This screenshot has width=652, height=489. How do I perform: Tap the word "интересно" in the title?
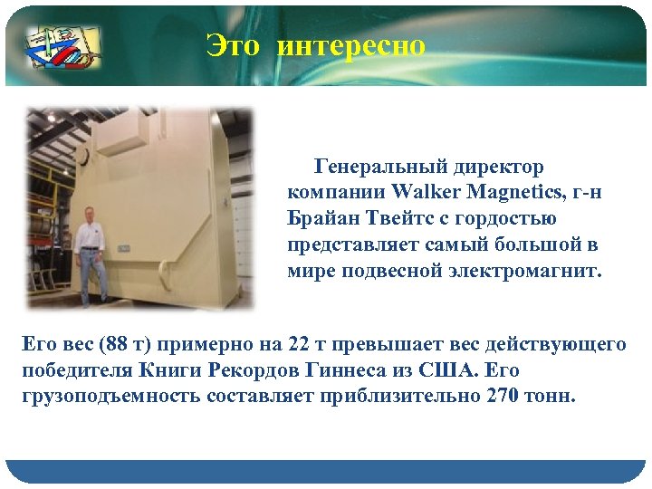[350, 45]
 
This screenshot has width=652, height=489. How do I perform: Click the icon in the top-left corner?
[62, 44]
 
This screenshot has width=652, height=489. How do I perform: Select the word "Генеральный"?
[379, 167]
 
